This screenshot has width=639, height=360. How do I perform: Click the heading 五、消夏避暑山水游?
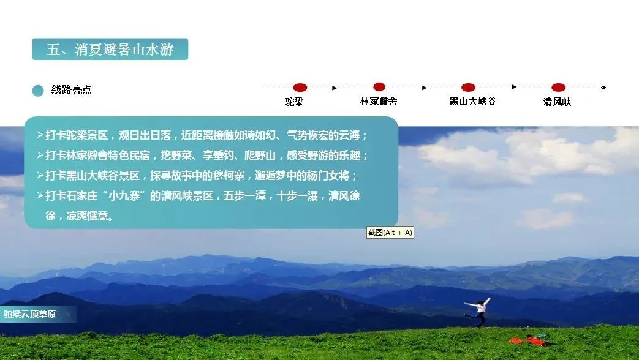(110, 49)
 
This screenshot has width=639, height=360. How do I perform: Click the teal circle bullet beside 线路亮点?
(38, 91)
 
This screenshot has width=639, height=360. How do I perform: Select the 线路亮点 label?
(71, 89)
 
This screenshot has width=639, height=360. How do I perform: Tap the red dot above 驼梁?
(300, 87)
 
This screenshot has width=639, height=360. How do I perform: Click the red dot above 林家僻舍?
(379, 87)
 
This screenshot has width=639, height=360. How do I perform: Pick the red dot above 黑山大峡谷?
(468, 87)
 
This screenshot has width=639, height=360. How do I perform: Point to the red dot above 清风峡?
(558, 87)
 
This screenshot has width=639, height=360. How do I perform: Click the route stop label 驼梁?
(294, 102)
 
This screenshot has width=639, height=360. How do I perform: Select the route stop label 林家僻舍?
(379, 101)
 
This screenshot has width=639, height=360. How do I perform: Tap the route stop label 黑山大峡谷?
(473, 101)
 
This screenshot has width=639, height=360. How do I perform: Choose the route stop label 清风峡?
(557, 102)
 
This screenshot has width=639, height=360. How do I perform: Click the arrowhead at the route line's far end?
(604, 87)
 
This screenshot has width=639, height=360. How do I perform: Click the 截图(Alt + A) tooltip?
(390, 233)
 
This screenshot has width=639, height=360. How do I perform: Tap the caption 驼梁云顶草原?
(30, 314)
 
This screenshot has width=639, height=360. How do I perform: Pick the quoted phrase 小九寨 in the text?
(124, 196)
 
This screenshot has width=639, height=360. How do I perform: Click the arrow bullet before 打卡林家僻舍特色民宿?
(40, 155)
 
